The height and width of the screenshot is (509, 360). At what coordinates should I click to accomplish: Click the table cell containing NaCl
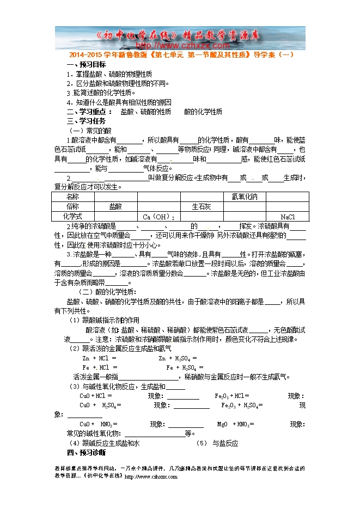tap(288, 217)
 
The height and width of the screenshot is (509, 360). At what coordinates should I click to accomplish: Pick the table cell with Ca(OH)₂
tap(158, 217)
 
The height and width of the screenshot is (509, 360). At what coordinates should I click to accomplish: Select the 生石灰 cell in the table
tap(201, 207)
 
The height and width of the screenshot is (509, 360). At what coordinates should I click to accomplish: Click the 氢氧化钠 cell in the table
tap(245, 197)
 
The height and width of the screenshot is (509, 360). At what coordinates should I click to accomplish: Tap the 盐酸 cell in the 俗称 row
tap(115, 207)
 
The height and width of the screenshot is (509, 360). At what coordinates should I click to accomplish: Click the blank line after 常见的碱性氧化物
tap(152, 434)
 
